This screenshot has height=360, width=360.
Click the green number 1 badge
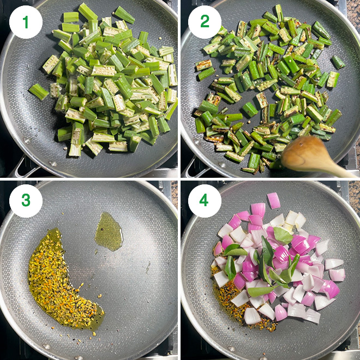[x=26, y=22]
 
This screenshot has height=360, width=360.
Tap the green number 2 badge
[x=205, y=22]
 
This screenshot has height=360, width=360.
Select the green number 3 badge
[x=26, y=201]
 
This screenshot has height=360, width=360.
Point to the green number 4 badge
[x=205, y=201]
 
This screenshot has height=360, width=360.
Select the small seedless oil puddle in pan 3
[x=109, y=231]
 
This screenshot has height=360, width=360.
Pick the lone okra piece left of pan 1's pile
[x=39, y=92]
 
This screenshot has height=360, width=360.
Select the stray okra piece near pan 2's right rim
[x=338, y=62]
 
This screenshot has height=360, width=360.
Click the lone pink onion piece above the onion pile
[x=274, y=200]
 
